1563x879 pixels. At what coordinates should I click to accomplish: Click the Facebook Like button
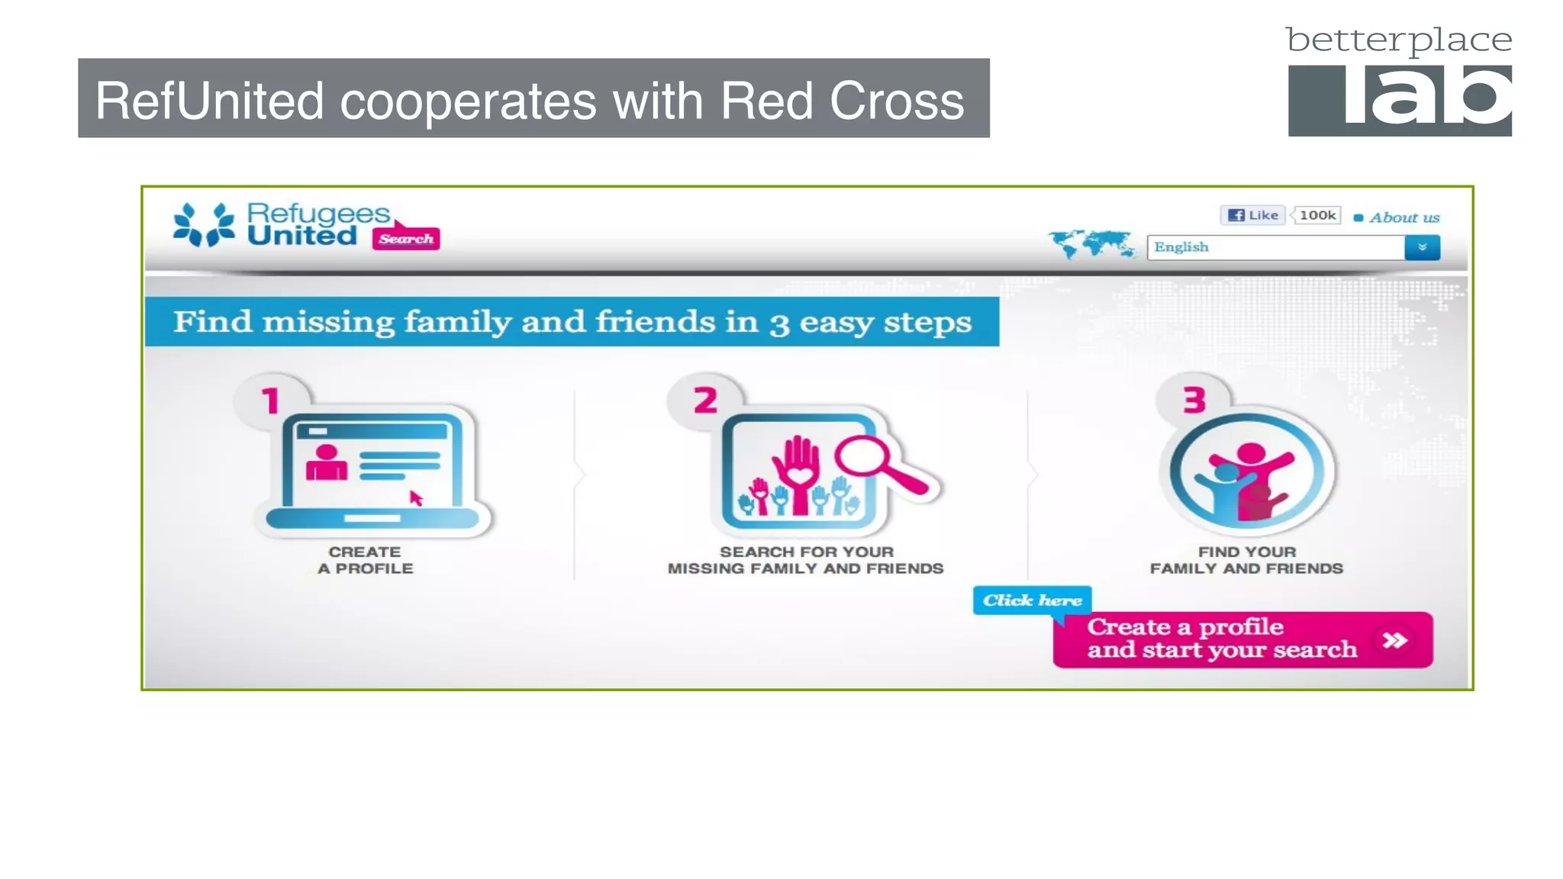pyautogui.click(x=1253, y=215)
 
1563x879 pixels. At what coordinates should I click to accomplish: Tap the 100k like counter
pyautogui.click(x=1317, y=215)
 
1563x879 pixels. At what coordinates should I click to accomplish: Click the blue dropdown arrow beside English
pyautogui.click(x=1422, y=247)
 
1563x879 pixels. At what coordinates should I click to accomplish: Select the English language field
pyautogui.click(x=1275, y=247)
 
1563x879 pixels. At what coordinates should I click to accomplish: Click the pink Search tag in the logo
pyautogui.click(x=406, y=239)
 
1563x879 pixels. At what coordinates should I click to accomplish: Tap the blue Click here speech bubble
pyautogui.click(x=1032, y=600)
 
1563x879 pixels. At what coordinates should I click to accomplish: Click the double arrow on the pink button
pyautogui.click(x=1395, y=639)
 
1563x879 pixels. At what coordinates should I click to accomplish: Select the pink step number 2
pyautogui.click(x=705, y=401)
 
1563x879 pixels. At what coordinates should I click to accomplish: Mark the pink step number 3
pyautogui.click(x=1194, y=401)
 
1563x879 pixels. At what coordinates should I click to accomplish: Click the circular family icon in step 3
pyautogui.click(x=1247, y=473)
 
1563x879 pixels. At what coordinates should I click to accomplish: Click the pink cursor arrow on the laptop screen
pyautogui.click(x=416, y=498)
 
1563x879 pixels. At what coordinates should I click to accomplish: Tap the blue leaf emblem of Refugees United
pyautogui.click(x=203, y=224)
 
